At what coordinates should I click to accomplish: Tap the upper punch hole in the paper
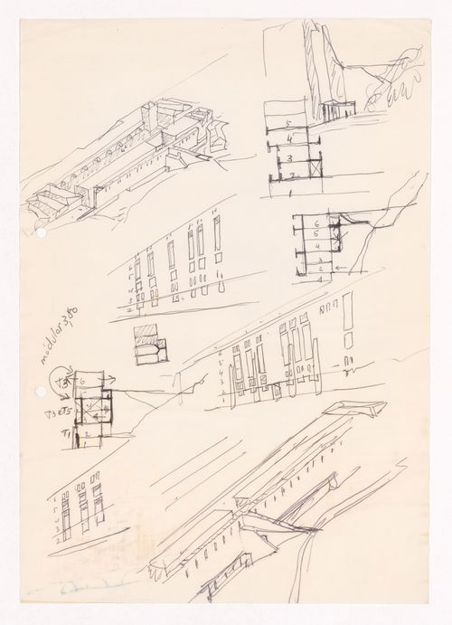[41, 233]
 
